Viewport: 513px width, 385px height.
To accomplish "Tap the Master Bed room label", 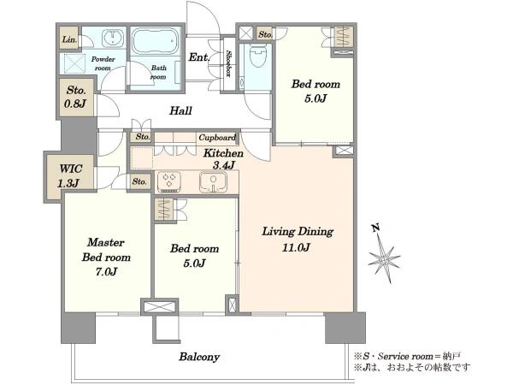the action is [106, 258].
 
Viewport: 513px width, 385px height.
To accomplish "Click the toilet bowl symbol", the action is [258, 56].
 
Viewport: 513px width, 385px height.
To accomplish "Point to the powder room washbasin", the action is [113, 38].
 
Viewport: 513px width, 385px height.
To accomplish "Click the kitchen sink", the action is [213, 181].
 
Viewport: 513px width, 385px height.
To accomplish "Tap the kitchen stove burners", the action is [169, 181].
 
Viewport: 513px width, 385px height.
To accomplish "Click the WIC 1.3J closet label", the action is [70, 176].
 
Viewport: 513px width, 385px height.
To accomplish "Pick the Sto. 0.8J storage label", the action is [75, 98].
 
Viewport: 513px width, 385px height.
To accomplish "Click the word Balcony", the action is [199, 357].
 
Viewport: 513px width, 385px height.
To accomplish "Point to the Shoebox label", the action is [228, 64].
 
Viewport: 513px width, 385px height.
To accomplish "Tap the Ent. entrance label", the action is [199, 57].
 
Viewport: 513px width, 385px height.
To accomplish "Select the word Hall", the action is [180, 110].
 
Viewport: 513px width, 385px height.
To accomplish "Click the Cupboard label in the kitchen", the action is [217, 138].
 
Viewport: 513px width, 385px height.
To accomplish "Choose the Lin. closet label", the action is [70, 39].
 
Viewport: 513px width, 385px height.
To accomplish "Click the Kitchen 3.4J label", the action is [223, 159].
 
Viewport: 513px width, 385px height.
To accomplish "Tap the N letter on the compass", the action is [376, 228].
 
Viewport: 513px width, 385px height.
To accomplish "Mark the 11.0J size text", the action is [296, 247].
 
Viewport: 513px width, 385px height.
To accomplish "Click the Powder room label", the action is [103, 63].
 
